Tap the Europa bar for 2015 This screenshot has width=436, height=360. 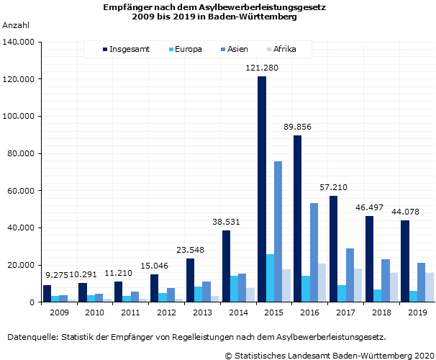click(270, 278)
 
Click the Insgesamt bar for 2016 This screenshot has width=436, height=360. click(297, 219)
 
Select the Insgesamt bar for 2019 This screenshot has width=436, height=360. click(405, 261)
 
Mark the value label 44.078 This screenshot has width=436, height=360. click(406, 212)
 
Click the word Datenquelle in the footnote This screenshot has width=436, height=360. click(32, 337)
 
